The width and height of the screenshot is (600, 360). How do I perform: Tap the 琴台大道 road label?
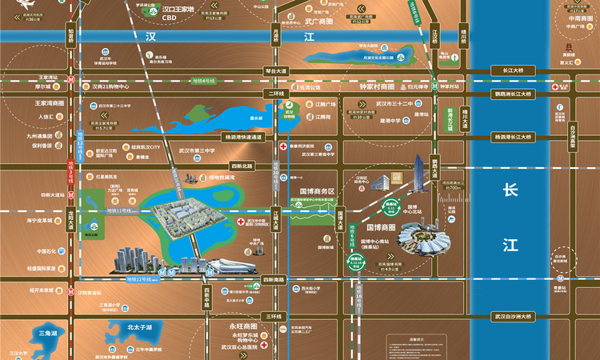[x=275, y=70]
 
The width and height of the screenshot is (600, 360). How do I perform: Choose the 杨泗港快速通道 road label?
[x=244, y=137]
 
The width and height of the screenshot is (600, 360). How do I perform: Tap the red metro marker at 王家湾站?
[x=72, y=80]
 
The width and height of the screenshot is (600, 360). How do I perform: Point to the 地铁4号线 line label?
[x=204, y=80]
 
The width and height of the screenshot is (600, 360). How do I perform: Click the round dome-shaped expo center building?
[x=424, y=240]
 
